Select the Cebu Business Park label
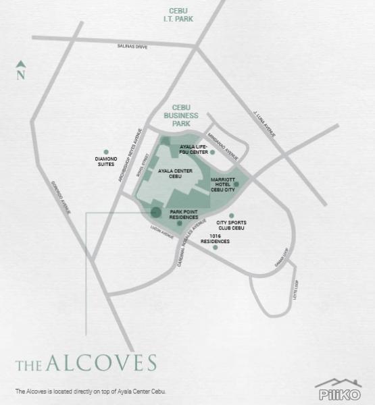coord(184,115)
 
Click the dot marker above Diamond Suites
coord(106,152)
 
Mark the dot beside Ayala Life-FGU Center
coord(212,153)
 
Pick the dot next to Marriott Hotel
coord(236,184)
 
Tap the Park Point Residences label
coord(184,214)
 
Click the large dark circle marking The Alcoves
coord(155,212)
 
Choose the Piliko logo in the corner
coord(338,390)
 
